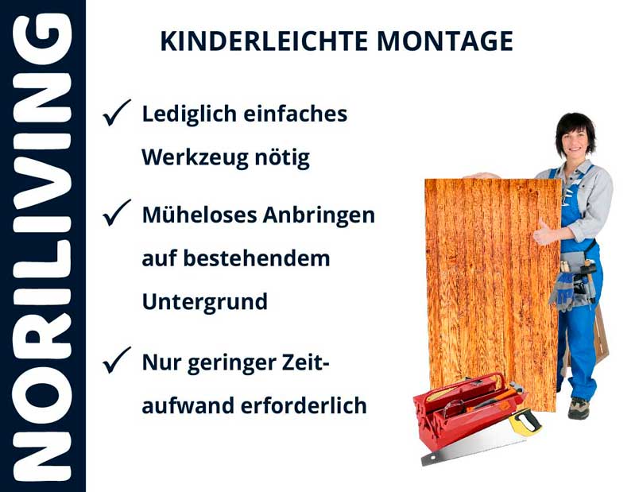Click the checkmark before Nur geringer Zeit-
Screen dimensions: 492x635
[116, 362]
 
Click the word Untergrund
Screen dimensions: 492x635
[204, 303]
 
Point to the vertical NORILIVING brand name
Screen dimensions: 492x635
[43, 246]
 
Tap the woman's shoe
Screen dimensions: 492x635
[579, 407]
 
